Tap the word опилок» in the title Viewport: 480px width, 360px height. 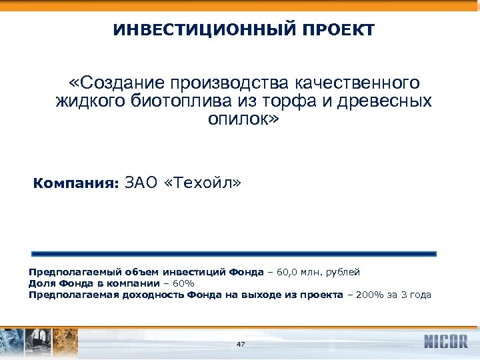(246, 120)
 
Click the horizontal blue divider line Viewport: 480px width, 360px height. (234, 254)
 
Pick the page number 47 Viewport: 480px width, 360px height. (241, 344)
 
